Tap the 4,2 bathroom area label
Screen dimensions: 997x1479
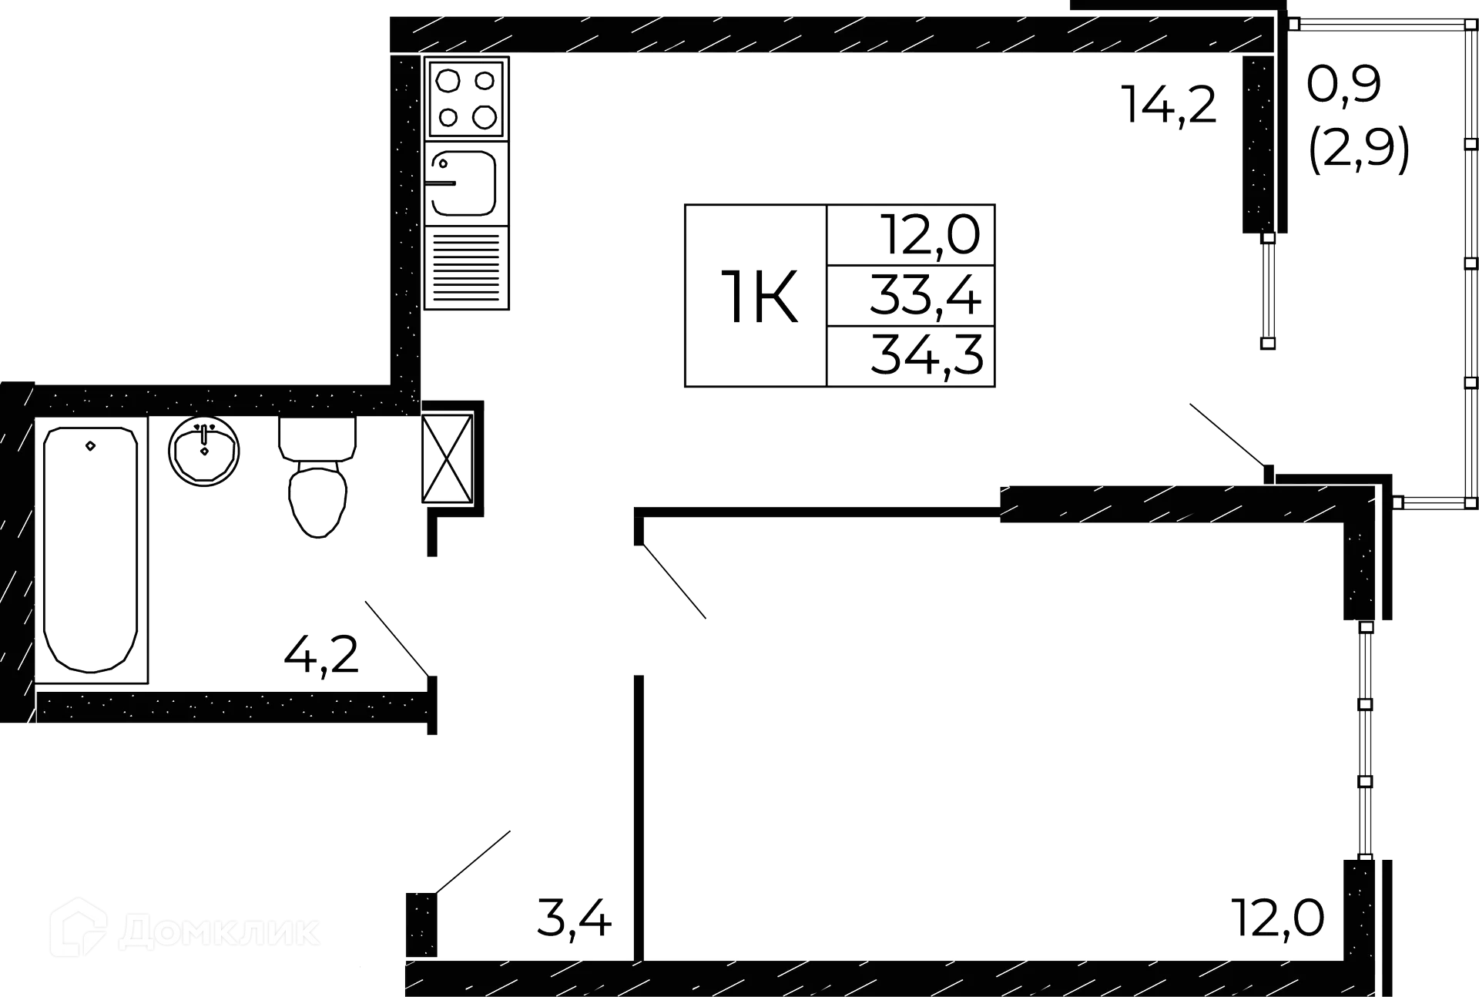(322, 656)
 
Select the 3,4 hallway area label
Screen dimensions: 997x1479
(575, 920)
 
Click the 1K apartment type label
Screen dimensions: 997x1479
(759, 295)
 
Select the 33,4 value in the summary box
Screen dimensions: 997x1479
(927, 295)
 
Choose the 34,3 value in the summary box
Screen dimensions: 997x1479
(927, 355)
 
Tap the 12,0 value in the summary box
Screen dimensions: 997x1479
(932, 235)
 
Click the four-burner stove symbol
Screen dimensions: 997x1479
(467, 99)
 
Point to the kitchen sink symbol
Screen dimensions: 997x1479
(464, 183)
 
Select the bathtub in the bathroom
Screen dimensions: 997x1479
(92, 549)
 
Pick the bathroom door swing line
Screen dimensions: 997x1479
(395, 636)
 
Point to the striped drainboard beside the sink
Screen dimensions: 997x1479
(466, 267)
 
